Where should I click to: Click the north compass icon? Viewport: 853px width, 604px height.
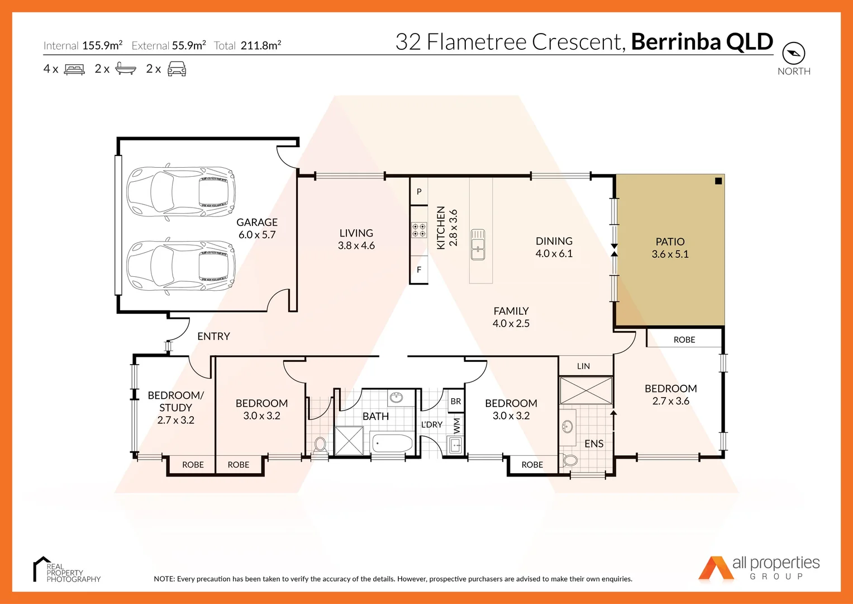coord(794,53)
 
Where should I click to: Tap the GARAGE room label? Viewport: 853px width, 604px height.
coord(256,222)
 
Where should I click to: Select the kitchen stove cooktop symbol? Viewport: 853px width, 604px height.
coord(418,230)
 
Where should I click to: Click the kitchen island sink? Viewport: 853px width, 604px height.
coord(478,244)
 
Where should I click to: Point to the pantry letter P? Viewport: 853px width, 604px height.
coord(419,191)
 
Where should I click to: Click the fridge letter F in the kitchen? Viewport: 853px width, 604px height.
coord(419,270)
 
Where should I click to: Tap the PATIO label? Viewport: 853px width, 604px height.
coord(670,242)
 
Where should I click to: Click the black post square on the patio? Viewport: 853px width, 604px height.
coord(718,181)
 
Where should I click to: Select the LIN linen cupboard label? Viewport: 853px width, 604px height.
coord(583,366)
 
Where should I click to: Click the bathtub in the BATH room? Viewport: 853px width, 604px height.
coord(392,443)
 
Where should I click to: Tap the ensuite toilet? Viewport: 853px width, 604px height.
coord(569,460)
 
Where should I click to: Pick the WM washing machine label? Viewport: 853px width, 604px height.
coord(456,426)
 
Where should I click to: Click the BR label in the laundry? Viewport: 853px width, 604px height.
coord(455,401)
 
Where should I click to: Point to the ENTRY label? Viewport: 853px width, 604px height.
coord(213,336)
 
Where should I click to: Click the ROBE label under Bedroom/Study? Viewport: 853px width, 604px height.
coord(193,464)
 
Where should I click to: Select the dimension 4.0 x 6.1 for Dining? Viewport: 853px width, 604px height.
coord(554,253)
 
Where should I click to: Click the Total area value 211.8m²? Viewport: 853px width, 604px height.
coord(261,45)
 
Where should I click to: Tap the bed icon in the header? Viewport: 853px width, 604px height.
coord(74,69)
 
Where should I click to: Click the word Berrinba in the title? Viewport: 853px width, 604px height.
coord(676,41)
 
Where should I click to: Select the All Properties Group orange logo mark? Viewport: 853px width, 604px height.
coord(716,568)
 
